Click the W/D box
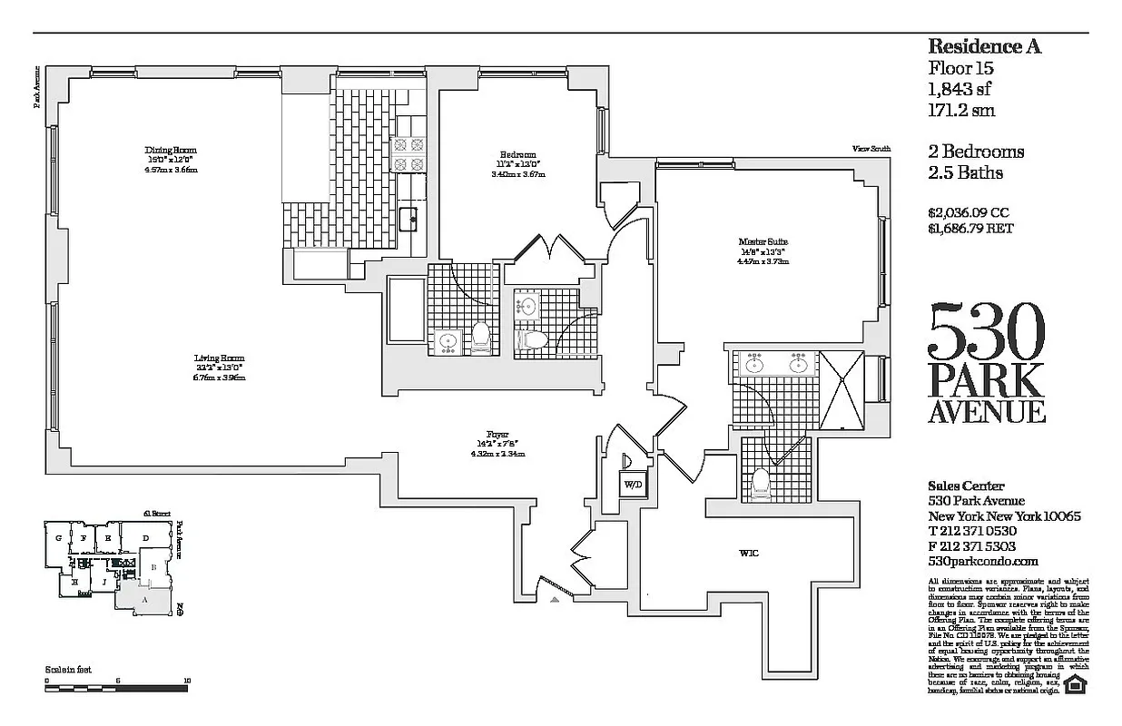(x=632, y=484)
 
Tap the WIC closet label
(x=749, y=553)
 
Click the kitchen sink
(x=410, y=216)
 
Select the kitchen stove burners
(x=408, y=153)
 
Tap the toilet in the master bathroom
(x=760, y=485)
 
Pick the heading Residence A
(x=984, y=47)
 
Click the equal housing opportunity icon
(x=1076, y=684)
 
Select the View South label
(x=871, y=149)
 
